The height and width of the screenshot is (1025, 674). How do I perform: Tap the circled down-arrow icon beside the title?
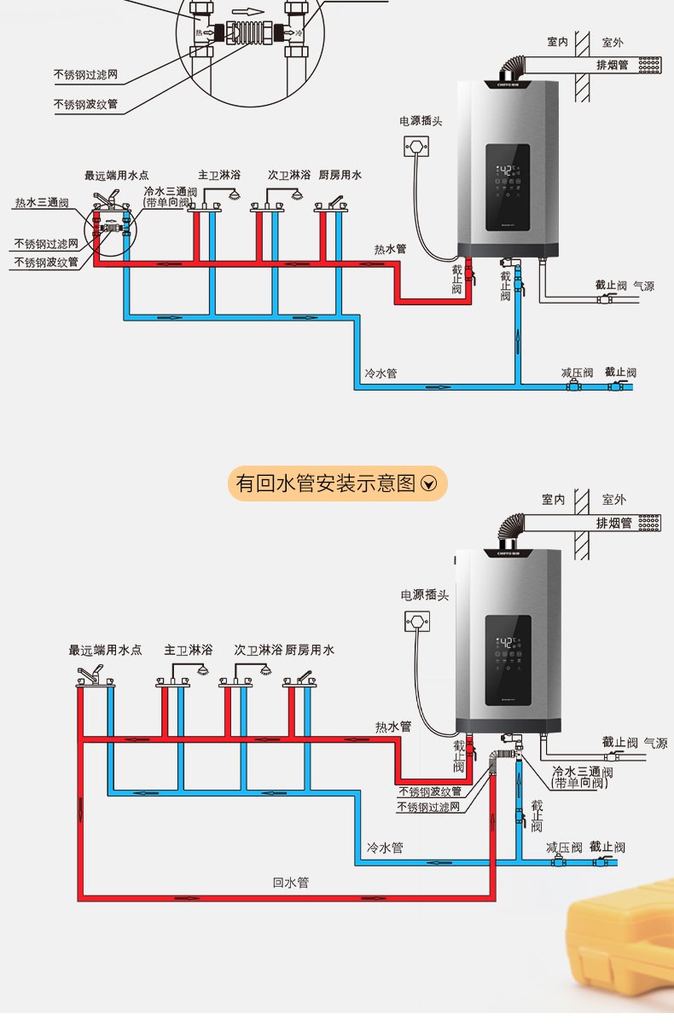point(429,484)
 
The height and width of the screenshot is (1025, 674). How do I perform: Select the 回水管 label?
point(290,883)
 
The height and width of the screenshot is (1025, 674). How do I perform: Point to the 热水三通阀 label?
point(41,203)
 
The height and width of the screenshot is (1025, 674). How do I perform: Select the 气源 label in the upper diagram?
point(643,287)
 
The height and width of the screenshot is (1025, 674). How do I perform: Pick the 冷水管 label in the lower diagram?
point(384,848)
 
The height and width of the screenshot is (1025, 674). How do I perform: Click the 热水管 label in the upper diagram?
point(390,249)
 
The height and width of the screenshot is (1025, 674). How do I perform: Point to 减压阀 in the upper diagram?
point(577,373)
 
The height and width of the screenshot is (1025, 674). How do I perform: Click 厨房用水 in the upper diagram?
point(340,175)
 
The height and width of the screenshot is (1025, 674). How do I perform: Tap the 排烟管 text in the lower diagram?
point(613,523)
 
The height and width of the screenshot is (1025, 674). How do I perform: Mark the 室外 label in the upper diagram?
point(613,42)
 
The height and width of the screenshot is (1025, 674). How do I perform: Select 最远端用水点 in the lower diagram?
point(105,650)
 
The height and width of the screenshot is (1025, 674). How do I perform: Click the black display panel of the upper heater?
point(508,188)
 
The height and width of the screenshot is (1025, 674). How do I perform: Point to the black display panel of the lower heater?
point(508,660)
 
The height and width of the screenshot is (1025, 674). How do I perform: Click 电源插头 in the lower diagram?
point(424,595)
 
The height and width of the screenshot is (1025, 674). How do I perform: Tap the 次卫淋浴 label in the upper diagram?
point(289,175)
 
